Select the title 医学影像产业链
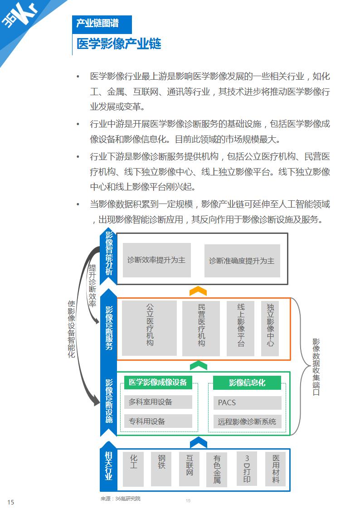(x=119, y=44)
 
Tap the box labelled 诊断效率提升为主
(x=156, y=260)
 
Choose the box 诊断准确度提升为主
(x=242, y=261)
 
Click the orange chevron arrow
(x=198, y=291)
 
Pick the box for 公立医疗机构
(x=150, y=328)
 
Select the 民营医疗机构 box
(x=201, y=328)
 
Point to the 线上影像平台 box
(x=240, y=328)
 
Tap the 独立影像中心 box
(x=270, y=328)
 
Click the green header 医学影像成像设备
(x=158, y=382)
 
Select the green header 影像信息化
(x=247, y=383)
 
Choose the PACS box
(x=247, y=402)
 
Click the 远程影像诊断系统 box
(x=247, y=422)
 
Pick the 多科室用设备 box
(x=158, y=402)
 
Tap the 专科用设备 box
(x=158, y=422)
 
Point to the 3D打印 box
(x=247, y=469)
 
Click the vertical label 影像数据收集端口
(x=316, y=367)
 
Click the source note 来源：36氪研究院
(x=121, y=499)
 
